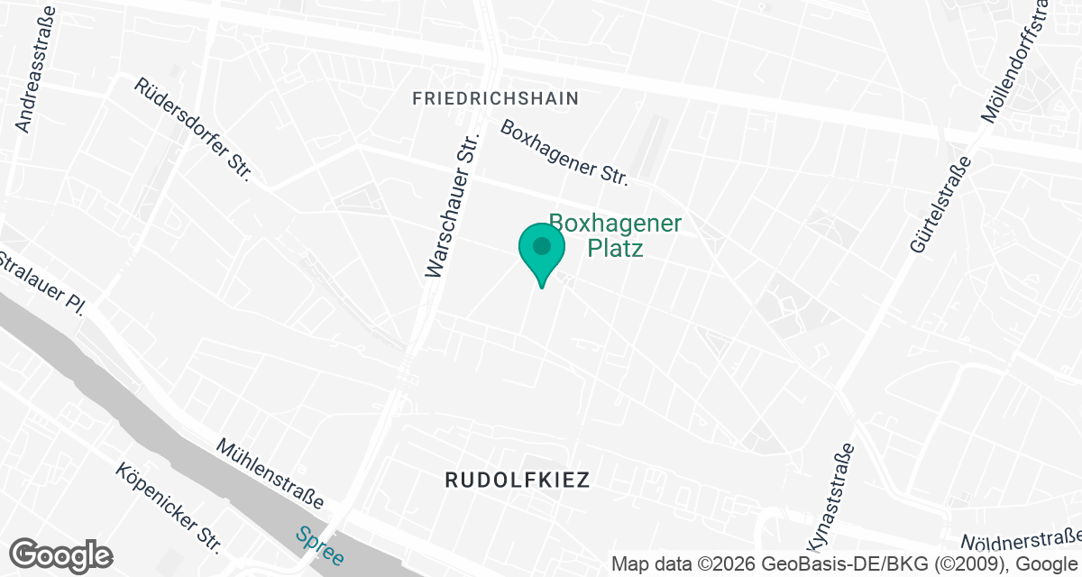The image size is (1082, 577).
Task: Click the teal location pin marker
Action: (542, 253)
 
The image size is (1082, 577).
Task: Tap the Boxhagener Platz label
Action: (616, 235)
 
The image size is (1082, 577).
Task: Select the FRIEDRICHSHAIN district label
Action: (495, 98)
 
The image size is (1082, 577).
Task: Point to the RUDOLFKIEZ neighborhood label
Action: (518, 480)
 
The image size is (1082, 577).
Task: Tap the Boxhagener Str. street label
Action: (565, 152)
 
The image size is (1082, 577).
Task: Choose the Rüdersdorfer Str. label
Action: (191, 129)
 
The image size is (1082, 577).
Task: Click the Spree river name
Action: (319, 546)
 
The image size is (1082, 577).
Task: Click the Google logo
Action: (60, 555)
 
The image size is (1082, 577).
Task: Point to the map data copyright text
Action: (846, 564)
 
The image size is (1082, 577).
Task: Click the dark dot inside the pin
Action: (542, 245)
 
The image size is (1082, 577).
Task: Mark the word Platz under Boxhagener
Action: (616, 248)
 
